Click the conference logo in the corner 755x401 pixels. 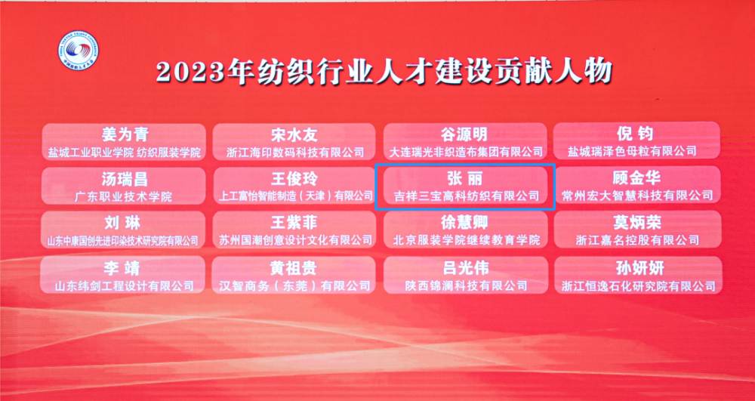[78, 51]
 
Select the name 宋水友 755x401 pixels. [294, 134]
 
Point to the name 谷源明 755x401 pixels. [464, 134]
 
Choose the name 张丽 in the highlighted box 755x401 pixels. [464, 178]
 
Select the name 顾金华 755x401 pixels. [637, 178]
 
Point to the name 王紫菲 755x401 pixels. [294, 223]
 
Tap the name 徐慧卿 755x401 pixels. [464, 223]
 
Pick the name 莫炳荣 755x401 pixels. [637, 222]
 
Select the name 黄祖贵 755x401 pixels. [294, 267]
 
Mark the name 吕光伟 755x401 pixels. [464, 267]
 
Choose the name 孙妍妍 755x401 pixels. [637, 267]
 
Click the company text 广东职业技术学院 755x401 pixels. [124, 196]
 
